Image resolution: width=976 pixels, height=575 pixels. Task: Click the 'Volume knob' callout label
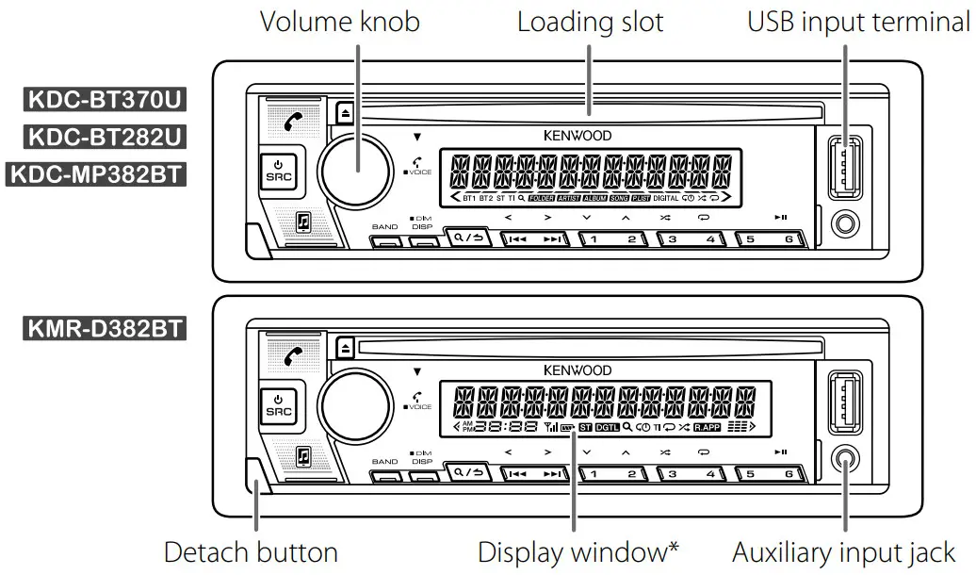pos(339,23)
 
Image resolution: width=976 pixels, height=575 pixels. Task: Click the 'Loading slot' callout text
pos(591,23)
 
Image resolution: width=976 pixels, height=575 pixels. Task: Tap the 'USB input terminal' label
pos(858,23)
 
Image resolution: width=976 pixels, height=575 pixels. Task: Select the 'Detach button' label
pos(251,551)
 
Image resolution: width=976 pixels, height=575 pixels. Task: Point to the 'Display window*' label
pos(578,551)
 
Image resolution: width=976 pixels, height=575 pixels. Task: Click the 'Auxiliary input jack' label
pos(843,551)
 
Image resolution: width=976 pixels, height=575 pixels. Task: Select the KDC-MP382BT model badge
pos(95,174)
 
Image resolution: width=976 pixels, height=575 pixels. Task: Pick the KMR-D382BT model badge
pos(104,330)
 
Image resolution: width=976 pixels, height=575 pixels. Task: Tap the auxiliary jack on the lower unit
pos(846,460)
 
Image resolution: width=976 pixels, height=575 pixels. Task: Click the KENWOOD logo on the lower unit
pos(577,370)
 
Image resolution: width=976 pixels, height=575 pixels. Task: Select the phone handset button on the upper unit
pos(296,121)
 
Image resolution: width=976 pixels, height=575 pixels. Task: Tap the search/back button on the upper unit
pos(467,238)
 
